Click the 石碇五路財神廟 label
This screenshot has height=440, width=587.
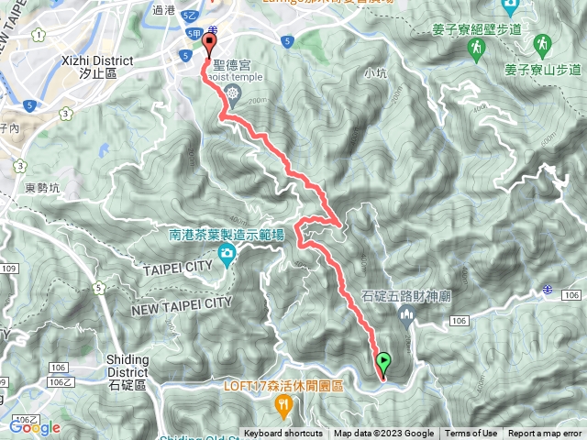click(408, 296)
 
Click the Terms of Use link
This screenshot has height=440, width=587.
click(471, 434)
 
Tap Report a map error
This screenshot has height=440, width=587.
click(546, 434)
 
